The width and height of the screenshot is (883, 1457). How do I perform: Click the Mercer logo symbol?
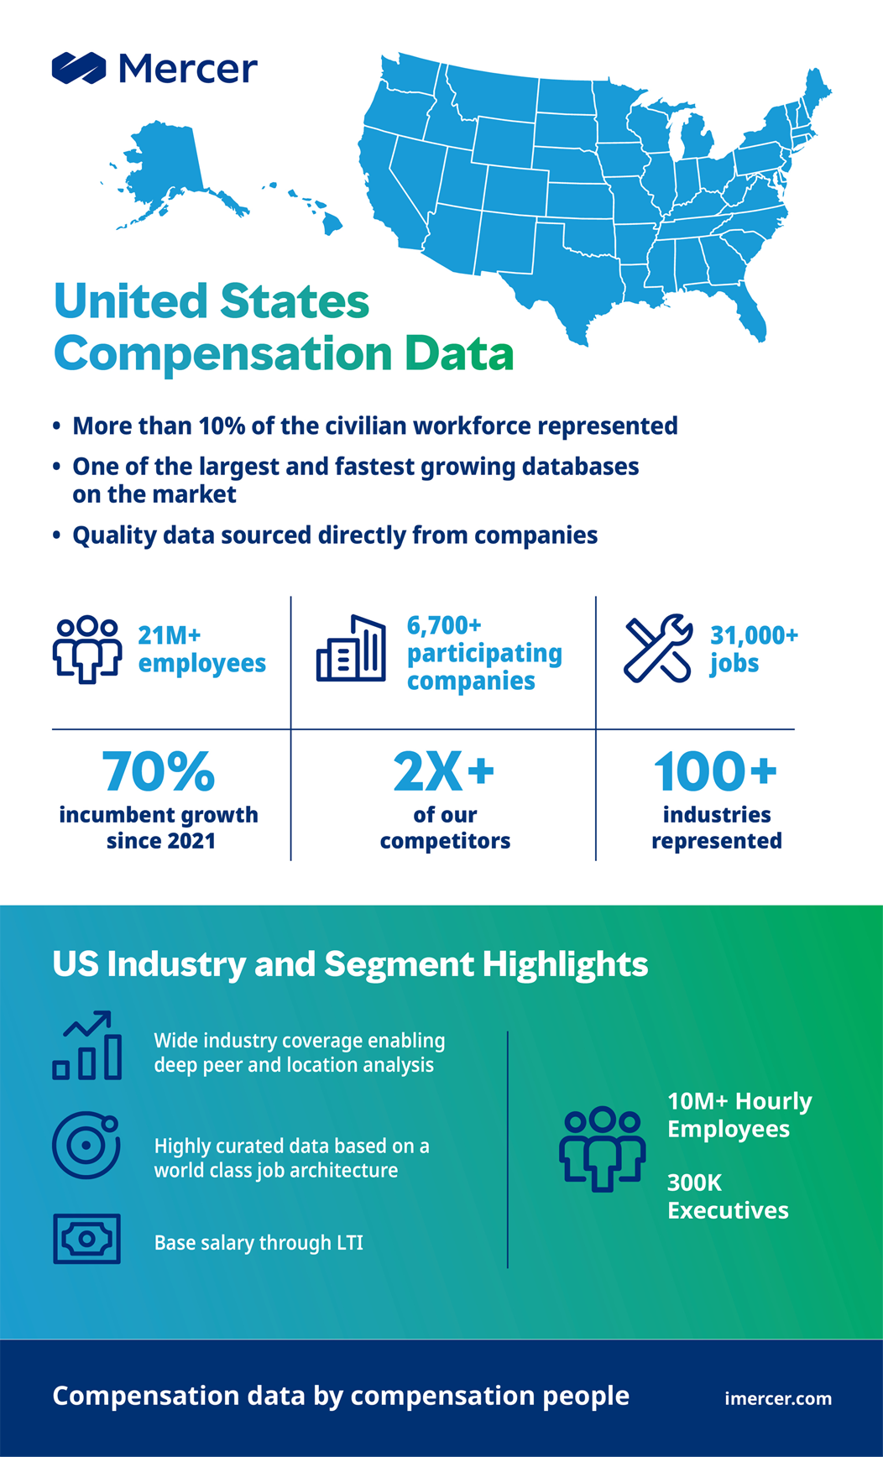click(79, 69)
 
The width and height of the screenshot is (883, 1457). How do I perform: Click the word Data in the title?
click(459, 353)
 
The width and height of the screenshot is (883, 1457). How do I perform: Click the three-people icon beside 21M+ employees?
click(87, 649)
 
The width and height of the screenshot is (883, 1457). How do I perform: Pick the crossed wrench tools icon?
click(658, 648)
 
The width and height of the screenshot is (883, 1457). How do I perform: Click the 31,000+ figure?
click(754, 635)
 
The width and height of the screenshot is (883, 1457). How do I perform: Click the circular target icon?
click(86, 1146)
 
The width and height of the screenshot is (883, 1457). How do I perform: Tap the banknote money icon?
click(87, 1239)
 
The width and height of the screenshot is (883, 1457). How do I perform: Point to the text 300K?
click(694, 1183)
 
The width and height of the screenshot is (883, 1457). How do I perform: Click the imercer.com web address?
click(778, 1398)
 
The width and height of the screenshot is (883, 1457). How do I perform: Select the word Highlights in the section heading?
click(565, 964)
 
